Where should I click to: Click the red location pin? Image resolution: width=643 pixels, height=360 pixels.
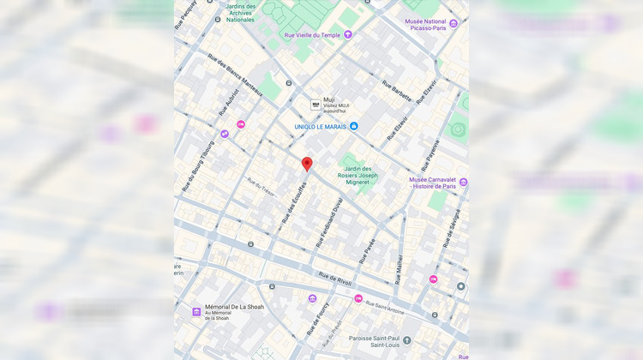click(307, 163)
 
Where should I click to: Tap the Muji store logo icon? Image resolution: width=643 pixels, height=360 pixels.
click(315, 104)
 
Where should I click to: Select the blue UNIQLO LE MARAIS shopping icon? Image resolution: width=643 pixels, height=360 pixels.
click(353, 126)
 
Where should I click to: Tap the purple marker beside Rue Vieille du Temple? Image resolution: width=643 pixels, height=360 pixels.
click(348, 35)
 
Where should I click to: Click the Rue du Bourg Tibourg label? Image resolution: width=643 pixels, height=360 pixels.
click(196, 165)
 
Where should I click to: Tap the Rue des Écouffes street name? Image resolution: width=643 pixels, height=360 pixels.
click(294, 201)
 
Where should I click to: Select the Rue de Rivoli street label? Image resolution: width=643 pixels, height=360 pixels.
click(334, 279)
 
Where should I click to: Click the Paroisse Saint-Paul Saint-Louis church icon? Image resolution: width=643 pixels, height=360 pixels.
click(407, 340)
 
